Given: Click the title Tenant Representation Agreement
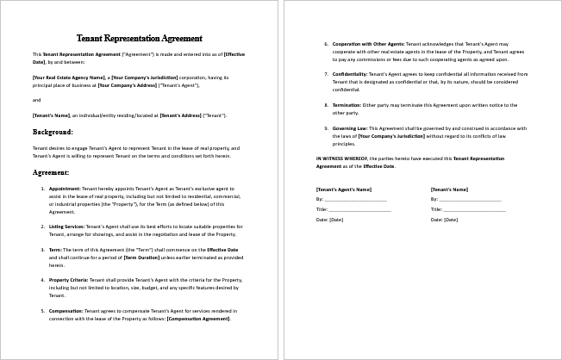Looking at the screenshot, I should pyautogui.click(x=140, y=39).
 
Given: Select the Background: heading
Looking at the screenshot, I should pyautogui.click(x=53, y=133).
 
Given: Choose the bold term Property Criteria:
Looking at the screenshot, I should pyautogui.click(x=70, y=279).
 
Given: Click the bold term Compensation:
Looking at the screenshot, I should pyautogui.click(x=66, y=310).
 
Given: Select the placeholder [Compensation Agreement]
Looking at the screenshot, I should pyautogui.click(x=200, y=319).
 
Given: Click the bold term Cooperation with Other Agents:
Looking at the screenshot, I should pyautogui.click(x=368, y=42).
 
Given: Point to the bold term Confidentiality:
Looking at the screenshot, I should pyautogui.click(x=353, y=73).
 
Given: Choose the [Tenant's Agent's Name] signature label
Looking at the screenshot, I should pyautogui.click(x=343, y=189).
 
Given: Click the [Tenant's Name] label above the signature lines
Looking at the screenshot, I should pyautogui.click(x=448, y=189).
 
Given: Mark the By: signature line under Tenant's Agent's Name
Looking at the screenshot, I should pyautogui.click(x=357, y=200).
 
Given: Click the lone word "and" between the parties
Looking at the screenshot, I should pyautogui.click(x=36, y=100).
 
